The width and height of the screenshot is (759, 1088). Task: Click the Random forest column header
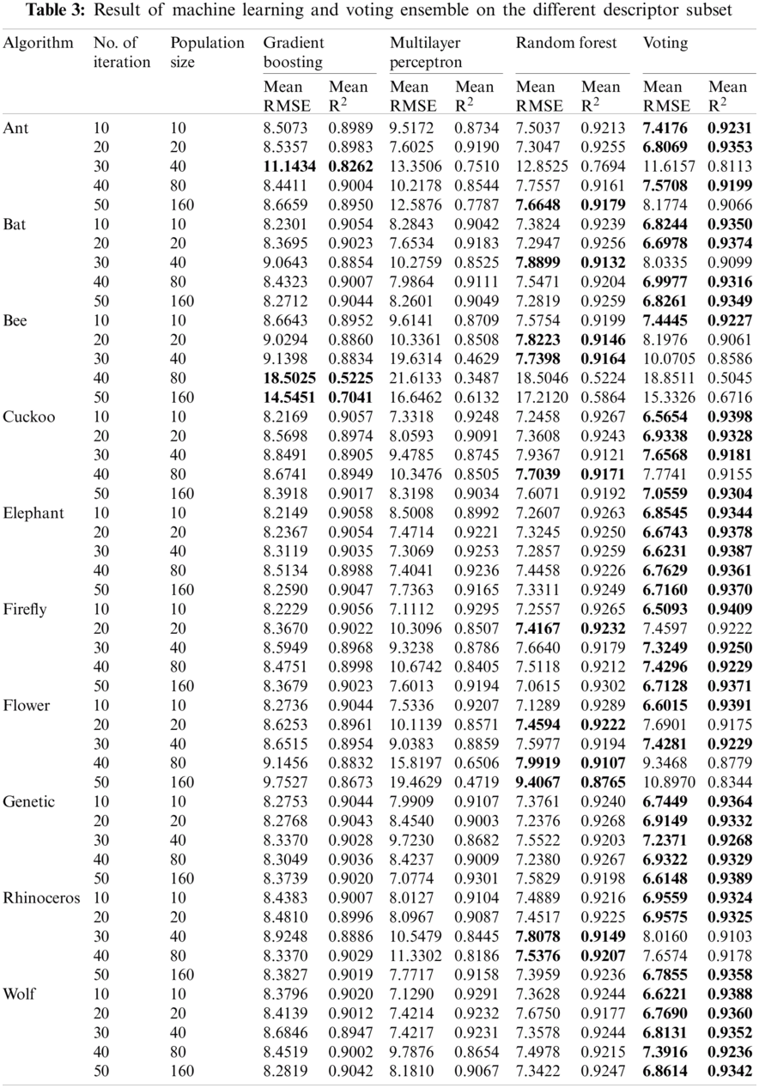click(x=567, y=43)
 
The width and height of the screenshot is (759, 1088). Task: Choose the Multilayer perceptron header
click(x=426, y=52)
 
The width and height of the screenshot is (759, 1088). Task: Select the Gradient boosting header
click(x=294, y=52)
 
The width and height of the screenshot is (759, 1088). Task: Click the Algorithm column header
click(x=39, y=43)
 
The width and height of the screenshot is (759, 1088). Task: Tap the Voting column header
click(x=665, y=43)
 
